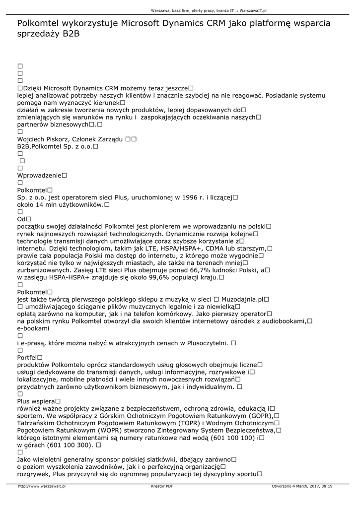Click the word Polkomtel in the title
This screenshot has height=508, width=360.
(39, 23)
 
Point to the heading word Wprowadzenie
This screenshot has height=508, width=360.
(39, 175)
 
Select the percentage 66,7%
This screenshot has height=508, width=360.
(201, 270)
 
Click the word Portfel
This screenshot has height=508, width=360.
(27, 357)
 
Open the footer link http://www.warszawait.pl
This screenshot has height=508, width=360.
(42, 486)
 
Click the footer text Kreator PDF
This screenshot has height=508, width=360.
(162, 486)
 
